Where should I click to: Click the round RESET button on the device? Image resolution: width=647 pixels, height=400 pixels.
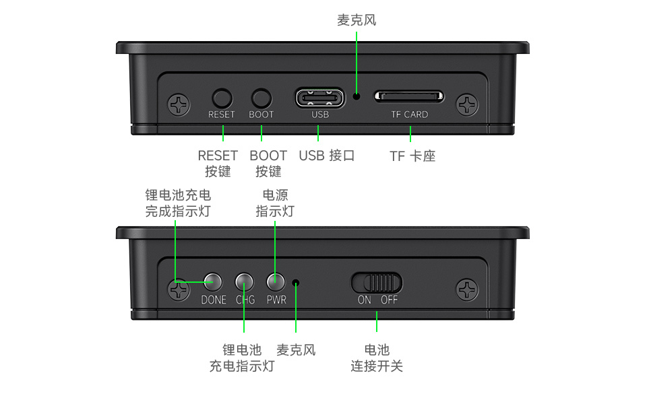coord(222,97)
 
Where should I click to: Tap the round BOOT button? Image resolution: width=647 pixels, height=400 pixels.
coord(261,97)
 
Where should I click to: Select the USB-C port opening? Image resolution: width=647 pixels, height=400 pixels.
coord(319,97)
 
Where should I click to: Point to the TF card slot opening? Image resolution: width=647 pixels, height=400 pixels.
coord(409,96)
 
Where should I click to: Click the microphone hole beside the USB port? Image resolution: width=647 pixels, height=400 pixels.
coord(357,96)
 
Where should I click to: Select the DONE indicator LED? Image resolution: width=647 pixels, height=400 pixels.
coord(213,281)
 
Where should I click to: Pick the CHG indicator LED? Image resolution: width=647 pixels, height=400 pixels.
coord(245,281)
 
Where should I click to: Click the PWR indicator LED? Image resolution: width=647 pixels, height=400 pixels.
coord(276,281)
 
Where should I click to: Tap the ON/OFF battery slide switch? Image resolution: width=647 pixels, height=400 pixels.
coord(376,281)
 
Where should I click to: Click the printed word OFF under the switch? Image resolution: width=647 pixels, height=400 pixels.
coord(390,300)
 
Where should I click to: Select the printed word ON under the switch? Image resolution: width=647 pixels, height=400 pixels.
coord(364,300)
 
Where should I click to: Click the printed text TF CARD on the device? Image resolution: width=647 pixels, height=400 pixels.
coord(409,114)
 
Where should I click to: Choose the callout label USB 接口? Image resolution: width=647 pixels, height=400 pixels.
coord(327,156)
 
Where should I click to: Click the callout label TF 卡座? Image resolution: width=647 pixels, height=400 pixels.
coord(412,156)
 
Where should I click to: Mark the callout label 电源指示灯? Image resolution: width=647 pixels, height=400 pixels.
coord(275,203)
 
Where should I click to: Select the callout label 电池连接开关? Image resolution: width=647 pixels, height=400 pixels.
coord(377,358)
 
